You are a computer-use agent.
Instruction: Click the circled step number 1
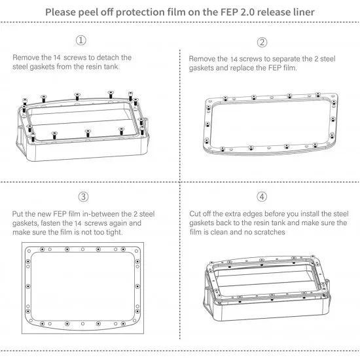[81, 41]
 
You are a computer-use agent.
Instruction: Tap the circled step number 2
[262, 43]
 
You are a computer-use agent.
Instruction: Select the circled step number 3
[83, 197]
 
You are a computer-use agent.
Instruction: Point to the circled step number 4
[262, 197]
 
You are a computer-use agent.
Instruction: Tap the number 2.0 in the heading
[247, 12]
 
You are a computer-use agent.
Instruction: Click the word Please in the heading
[61, 12]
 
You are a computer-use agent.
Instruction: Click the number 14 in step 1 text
[57, 58]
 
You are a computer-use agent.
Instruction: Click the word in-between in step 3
[101, 214]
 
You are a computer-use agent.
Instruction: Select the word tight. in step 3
[114, 232]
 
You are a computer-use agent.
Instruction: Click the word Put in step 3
[18, 214]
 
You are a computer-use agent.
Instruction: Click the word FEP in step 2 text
[275, 68]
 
